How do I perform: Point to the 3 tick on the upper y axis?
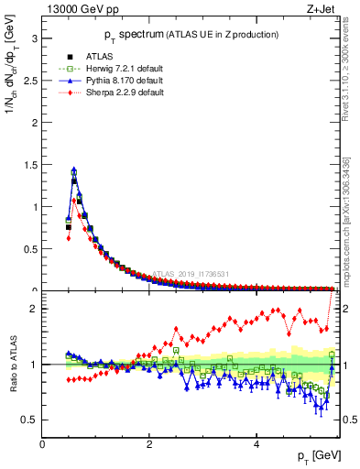tap(34, 38)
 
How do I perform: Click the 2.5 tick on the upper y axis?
tap(29, 81)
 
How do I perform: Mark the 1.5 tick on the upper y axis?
tap(29, 165)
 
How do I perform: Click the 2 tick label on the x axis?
tap(149, 443)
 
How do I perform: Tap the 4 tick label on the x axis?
tap(256, 443)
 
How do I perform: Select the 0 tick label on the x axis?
tap(42, 443)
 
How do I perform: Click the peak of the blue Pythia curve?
tap(73, 169)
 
